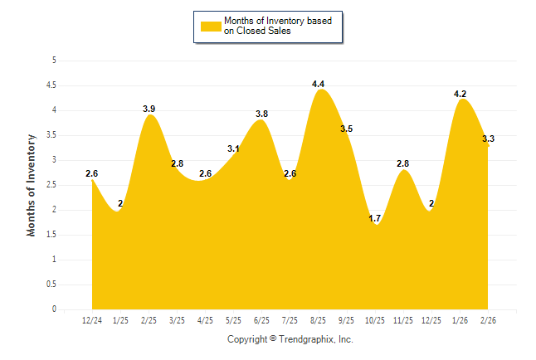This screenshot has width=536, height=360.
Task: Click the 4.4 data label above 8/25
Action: pyautogui.click(x=318, y=84)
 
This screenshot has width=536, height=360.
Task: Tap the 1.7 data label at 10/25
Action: pyautogui.click(x=375, y=219)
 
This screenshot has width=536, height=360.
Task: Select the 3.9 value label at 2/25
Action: pyautogui.click(x=149, y=109)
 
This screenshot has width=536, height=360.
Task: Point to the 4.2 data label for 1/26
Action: pyautogui.click(x=460, y=94)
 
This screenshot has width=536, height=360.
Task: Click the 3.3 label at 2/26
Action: pyautogui.click(x=488, y=139)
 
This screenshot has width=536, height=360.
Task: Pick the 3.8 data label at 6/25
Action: pyautogui.click(x=261, y=114)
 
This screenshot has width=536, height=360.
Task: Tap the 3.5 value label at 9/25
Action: pyautogui.click(x=346, y=129)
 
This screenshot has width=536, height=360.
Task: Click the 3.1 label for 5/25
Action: pyautogui.click(x=233, y=148)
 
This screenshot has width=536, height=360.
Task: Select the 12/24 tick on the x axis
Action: pyautogui.click(x=92, y=319)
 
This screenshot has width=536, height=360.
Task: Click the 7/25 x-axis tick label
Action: pyautogui.click(x=290, y=319)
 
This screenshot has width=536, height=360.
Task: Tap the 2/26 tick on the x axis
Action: pyautogui.click(x=489, y=319)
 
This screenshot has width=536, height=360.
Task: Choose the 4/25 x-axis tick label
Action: pyautogui.click(x=206, y=319)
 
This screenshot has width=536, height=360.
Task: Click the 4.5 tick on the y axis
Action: pyautogui.click(x=51, y=85)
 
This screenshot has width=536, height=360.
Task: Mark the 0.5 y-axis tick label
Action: pyautogui.click(x=51, y=284)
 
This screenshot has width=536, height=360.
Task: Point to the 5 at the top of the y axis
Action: pyautogui.click(x=54, y=60)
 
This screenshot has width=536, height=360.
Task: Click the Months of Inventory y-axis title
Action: pyautogui.click(x=32, y=185)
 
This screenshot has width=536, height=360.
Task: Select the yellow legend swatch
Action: pyautogui.click(x=210, y=26)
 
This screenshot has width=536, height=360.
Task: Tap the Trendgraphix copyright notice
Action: pyautogui.click(x=290, y=339)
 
